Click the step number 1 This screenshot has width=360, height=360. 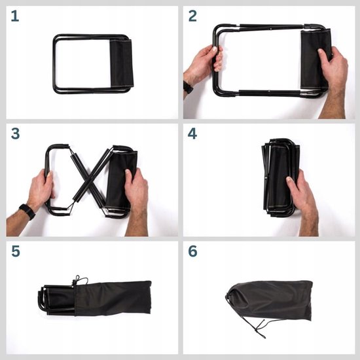tap(15, 16)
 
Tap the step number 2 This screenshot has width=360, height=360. tap(192, 16)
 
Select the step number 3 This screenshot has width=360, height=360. tap(16, 134)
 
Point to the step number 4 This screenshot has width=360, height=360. tap(192, 134)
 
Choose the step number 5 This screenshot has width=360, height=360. tap(16, 251)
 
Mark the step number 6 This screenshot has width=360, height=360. tap(192, 251)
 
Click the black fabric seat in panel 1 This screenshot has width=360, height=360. tap(122, 62)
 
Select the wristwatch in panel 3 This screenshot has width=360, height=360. tap(27, 211)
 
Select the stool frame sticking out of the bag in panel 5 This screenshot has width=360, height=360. tap(56, 300)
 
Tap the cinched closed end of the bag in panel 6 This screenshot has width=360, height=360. tap(230, 296)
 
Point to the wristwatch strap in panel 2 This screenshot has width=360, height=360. tap(188, 87)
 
